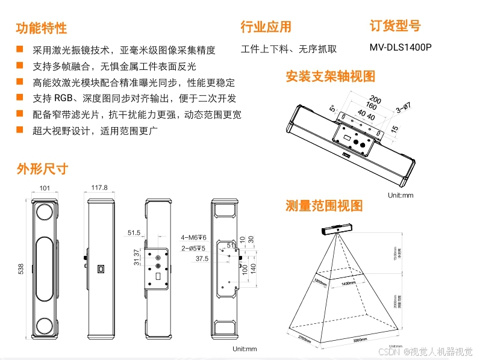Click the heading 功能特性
[x=41, y=28]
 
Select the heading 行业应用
[x=266, y=26]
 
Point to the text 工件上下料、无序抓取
[x=288, y=49]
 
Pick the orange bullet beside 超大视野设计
[x=20, y=129]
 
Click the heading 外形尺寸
[x=42, y=169]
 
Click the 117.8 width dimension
[x=99, y=188]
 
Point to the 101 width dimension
[x=45, y=188]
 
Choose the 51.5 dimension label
[x=134, y=232]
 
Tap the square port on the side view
[x=101, y=267]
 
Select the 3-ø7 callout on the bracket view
[x=404, y=108]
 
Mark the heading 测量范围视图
[x=324, y=206]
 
